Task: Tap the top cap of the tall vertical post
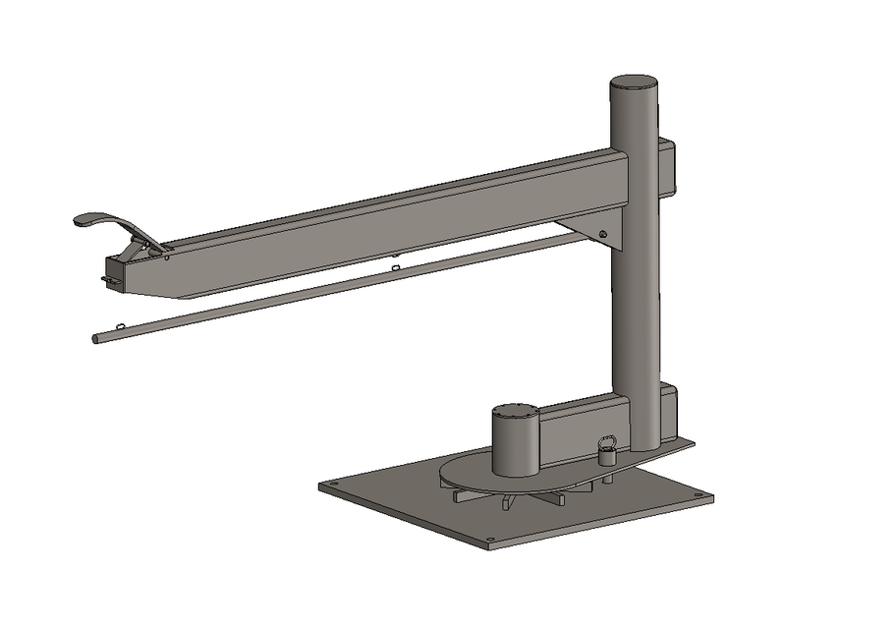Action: coord(634,84)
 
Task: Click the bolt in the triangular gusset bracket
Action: coord(603,233)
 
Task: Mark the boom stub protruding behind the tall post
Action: coord(666,167)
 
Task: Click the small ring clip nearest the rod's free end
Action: coord(120,326)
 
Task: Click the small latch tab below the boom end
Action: coord(107,283)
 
